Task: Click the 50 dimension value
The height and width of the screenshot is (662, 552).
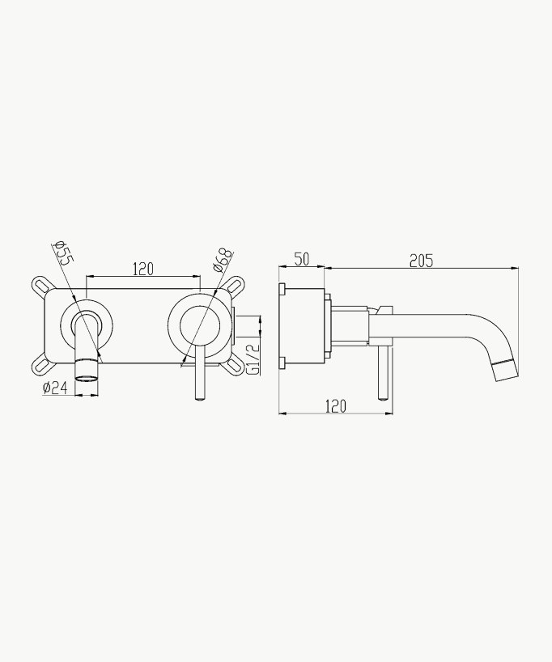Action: [x=301, y=259]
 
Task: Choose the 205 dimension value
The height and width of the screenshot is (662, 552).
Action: [x=421, y=260]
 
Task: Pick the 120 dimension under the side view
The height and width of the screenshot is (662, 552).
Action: [x=335, y=406]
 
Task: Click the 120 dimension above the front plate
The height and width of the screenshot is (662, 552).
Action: [x=142, y=269]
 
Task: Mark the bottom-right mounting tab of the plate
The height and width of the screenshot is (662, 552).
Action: [x=235, y=367]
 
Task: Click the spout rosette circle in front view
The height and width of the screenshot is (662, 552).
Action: [x=87, y=328]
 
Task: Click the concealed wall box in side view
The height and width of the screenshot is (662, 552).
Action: [x=304, y=327]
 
